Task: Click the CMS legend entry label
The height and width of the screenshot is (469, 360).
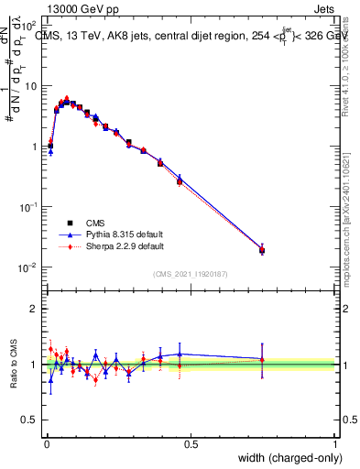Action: (95, 223)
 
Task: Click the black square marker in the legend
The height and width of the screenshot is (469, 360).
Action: (70, 223)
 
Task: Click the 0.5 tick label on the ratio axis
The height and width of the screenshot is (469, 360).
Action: (31, 421)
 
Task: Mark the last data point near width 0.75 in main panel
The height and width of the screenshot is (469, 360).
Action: (262, 249)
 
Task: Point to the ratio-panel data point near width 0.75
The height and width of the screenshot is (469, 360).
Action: (262, 359)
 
